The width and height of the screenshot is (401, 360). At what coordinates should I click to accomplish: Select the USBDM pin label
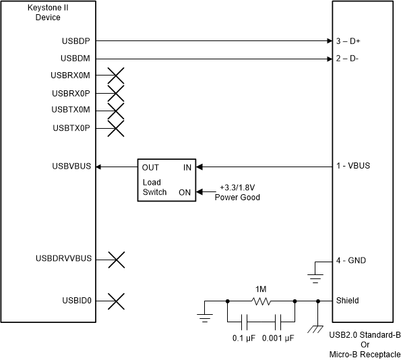(x=76, y=59)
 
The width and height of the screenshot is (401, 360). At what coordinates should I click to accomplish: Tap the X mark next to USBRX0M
(x=116, y=76)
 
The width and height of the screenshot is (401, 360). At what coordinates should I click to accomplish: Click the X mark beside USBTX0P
(x=116, y=128)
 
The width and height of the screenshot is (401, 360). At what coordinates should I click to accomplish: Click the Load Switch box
(x=166, y=179)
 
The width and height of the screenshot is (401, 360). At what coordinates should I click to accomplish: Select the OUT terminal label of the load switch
(x=150, y=167)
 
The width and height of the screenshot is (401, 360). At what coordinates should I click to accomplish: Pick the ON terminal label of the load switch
(x=184, y=192)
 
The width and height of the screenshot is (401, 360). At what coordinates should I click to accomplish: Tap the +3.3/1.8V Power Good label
(x=237, y=192)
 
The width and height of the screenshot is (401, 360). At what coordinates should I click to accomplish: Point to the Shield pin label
(x=347, y=301)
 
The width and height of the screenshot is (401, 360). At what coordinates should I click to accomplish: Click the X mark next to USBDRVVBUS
(x=116, y=258)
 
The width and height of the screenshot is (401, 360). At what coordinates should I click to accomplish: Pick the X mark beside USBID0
(x=116, y=301)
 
